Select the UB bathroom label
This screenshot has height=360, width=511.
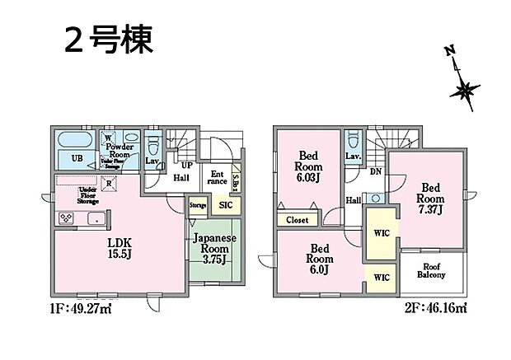[77, 157]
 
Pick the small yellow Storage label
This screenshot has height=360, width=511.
[198, 205]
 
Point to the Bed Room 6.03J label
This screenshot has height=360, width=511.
[309, 165]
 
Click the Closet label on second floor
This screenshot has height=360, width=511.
[298, 220]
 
